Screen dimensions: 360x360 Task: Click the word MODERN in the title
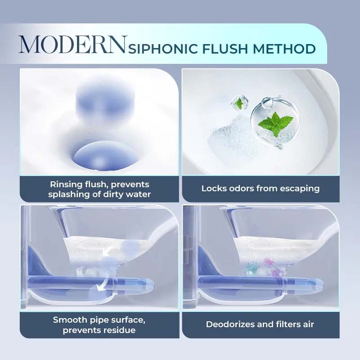click(73, 45)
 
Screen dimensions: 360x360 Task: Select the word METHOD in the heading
click(284, 49)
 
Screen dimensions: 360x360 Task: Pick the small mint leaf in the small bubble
click(239, 103)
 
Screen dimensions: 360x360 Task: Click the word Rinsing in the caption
click(66, 184)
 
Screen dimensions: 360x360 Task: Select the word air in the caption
click(308, 324)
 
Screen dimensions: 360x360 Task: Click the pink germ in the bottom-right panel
click(268, 262)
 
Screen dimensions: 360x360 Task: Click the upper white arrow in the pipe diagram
click(106, 252)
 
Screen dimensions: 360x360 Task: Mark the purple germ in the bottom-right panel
click(277, 273)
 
